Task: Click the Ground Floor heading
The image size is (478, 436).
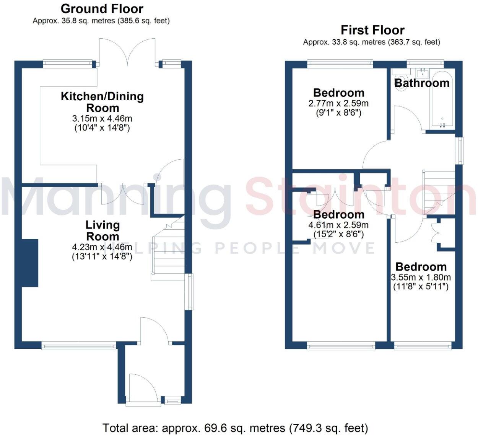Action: click(x=102, y=8)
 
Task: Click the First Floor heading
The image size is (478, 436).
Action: click(x=372, y=30)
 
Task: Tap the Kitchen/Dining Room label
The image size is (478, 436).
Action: click(x=102, y=102)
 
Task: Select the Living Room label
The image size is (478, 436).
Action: click(x=102, y=230)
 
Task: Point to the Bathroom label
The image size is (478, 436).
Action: click(x=422, y=83)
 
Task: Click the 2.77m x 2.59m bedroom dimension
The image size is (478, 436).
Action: click(x=338, y=103)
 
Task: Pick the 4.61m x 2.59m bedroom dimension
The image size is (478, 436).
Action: click(x=338, y=225)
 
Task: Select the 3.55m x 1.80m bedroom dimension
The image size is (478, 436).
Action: click(x=421, y=277)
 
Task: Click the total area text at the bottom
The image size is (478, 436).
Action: click(x=235, y=428)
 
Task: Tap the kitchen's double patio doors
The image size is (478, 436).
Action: click(x=127, y=52)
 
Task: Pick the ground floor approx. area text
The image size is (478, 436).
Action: click(x=101, y=21)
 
